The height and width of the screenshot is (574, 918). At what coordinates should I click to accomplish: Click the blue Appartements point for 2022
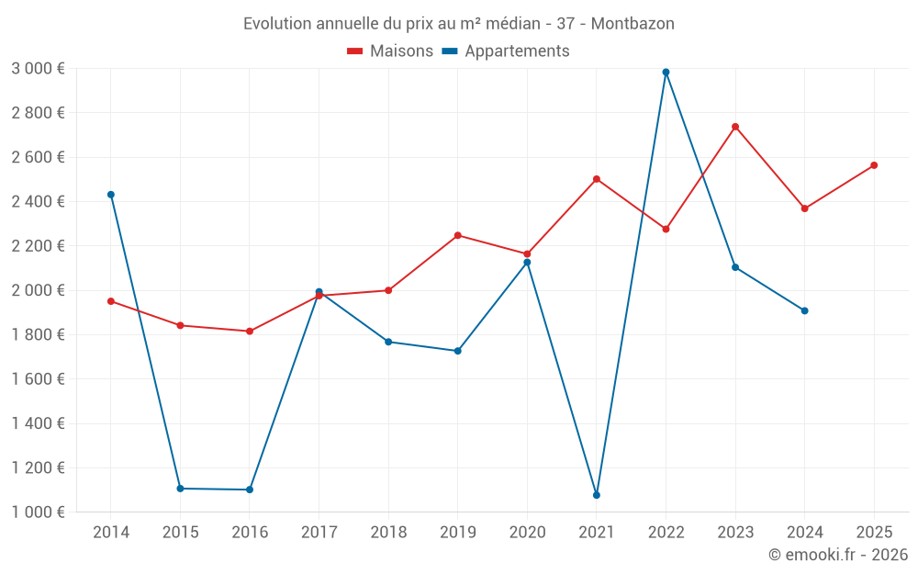pos(666,72)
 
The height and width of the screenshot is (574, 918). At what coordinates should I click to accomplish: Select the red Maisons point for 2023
pos(735,127)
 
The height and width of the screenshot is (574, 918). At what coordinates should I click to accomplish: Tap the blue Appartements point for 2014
pos(111,195)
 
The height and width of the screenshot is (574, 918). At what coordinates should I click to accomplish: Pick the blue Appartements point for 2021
pos(597,495)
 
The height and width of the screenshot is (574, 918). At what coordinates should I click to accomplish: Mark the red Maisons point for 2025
pos(874,165)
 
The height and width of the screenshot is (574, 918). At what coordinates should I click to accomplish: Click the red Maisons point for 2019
pos(458,235)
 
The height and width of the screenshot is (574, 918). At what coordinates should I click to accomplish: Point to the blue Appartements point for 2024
pos(804,310)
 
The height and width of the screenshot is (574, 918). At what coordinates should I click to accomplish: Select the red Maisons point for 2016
pos(250,331)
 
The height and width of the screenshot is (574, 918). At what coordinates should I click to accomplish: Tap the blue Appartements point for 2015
pos(180,489)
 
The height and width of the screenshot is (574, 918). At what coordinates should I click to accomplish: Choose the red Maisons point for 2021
pos(597,179)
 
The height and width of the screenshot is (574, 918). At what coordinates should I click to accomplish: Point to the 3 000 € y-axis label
pos(38,69)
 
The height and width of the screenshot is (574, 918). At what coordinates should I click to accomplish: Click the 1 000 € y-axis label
pos(38,512)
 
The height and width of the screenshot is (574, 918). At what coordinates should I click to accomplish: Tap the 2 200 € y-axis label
pos(38,246)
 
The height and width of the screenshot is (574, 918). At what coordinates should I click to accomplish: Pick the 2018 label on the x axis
pos(388,532)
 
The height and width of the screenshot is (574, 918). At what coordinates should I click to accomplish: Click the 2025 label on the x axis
pos(874,532)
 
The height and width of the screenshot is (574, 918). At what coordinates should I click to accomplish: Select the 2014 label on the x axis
pos(111,532)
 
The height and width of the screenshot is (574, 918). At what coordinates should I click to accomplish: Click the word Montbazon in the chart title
pos(633,24)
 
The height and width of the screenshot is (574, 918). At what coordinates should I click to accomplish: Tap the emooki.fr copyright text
pos(838,555)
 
